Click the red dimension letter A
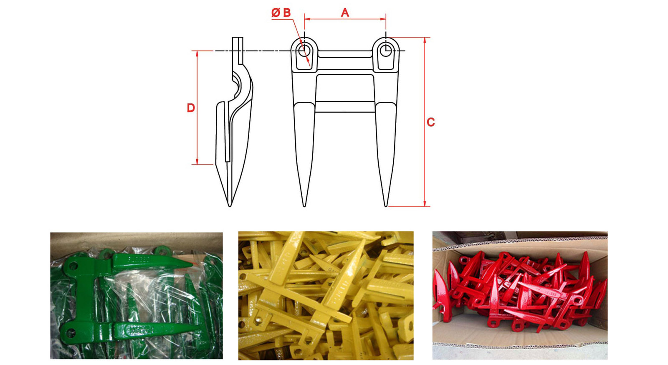point(345,13)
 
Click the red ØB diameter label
point(281,13)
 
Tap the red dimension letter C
point(430,122)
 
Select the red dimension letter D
point(191,108)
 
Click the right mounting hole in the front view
point(386,51)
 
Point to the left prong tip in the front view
point(304,206)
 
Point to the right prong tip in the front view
point(386,206)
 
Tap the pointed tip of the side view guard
point(230,206)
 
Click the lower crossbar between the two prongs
point(345,107)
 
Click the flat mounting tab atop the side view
point(238,50)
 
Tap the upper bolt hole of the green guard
point(74,266)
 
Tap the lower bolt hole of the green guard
point(71,332)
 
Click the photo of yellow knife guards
point(326,295)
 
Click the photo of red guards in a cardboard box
point(520,295)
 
